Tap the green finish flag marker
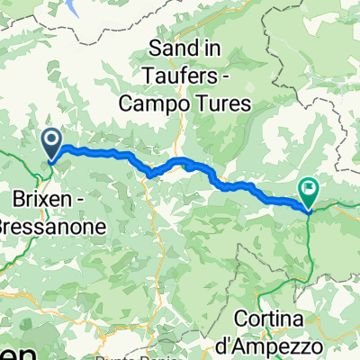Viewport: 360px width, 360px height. pyautogui.click(x=310, y=190)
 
